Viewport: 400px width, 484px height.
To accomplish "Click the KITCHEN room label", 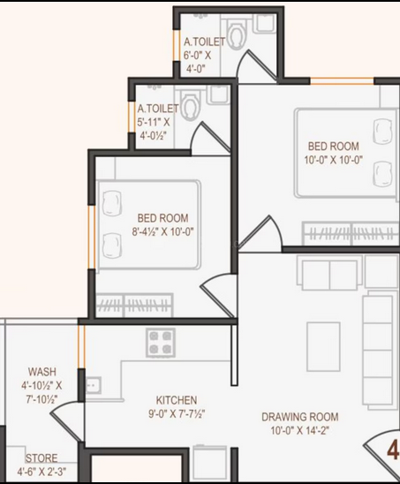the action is (177, 400).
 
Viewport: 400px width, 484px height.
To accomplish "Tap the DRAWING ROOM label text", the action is (300, 417).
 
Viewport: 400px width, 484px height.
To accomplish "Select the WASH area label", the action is (42, 372).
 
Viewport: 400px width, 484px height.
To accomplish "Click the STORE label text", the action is (42, 458).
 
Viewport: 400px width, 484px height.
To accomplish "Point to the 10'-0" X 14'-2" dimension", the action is (300, 430).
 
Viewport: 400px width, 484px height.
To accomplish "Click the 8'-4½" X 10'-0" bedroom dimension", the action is (163, 231).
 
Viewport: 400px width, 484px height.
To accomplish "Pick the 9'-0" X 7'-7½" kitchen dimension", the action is (177, 413).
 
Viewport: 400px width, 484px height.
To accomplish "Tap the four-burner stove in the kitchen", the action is (161, 343).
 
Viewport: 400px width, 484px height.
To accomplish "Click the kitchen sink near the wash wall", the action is (93, 385).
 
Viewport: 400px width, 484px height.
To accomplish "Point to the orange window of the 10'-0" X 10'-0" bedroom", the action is (342, 81).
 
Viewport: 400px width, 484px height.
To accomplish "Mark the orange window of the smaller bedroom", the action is (92, 237).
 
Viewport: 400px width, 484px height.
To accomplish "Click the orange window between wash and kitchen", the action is (81, 346).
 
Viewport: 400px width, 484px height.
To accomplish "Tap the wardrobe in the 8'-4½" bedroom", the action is (134, 306).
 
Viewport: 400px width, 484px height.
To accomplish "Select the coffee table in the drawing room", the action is (323, 346).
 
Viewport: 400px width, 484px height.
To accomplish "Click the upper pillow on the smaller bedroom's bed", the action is (112, 203).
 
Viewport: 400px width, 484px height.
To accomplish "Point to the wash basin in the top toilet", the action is (266, 23).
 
